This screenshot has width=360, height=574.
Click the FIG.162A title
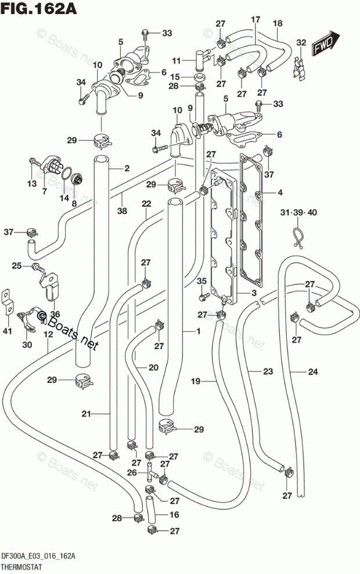[x=38, y=8]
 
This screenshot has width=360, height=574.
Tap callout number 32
[x=301, y=42]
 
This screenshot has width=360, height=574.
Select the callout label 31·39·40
[x=299, y=212]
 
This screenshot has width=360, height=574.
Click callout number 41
[x=8, y=331]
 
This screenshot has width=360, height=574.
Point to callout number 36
[x=55, y=314]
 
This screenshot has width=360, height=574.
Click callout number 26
[x=132, y=472]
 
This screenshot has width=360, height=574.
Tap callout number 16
[x=174, y=515]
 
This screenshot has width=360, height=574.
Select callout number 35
[x=201, y=281]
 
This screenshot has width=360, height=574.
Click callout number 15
[x=175, y=77]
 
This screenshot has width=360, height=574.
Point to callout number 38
[x=122, y=210]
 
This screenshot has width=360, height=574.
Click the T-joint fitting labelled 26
[x=150, y=472]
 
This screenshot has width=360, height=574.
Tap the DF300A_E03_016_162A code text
[x=39, y=557]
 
